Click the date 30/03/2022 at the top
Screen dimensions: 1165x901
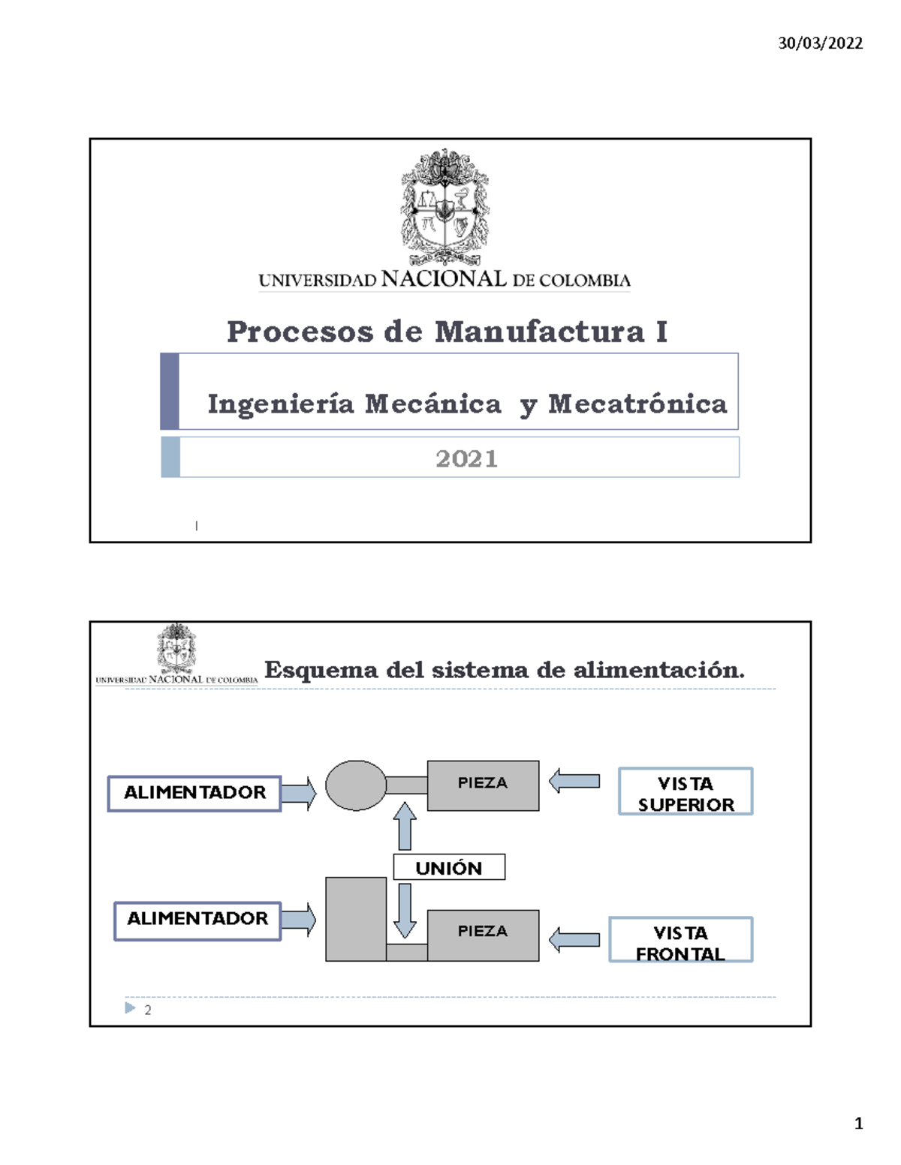820,43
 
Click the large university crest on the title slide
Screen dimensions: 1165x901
444,206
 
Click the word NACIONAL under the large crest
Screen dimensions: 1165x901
444,279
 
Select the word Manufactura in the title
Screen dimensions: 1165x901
540,332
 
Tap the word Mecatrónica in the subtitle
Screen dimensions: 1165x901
637,404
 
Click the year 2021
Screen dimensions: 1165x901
466,458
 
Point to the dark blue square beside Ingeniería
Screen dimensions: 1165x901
170,391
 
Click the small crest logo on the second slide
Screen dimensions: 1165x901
176,647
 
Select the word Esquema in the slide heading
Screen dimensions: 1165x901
321,670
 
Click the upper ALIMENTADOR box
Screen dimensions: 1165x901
194,793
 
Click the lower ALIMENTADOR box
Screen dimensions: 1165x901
197,920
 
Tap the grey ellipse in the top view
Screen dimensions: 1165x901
356,785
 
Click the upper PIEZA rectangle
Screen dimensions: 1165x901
483,785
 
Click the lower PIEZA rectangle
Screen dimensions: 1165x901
483,935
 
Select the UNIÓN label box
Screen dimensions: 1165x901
449,868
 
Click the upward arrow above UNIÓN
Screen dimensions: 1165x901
405,825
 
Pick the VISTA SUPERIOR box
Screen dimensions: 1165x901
686,792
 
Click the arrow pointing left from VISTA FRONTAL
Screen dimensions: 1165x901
574,940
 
